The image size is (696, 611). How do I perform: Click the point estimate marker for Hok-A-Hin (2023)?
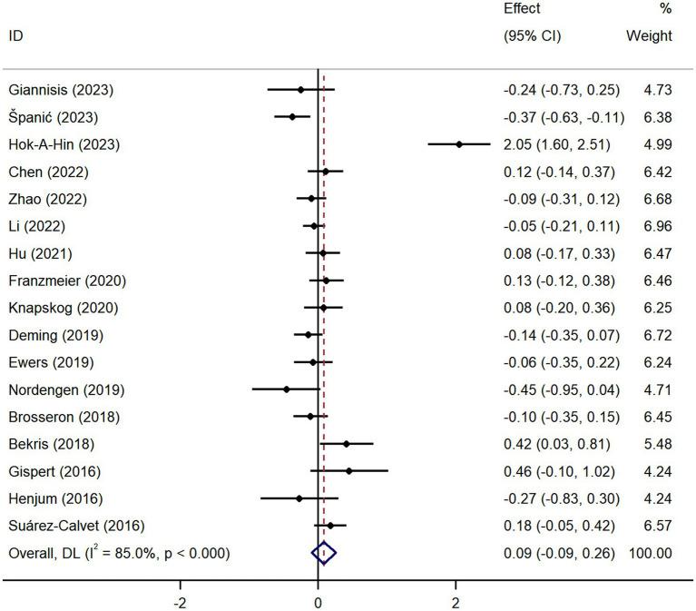coord(459,144)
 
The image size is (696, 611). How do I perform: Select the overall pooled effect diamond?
coord(324,552)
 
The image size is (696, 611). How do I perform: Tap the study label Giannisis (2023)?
coord(61,90)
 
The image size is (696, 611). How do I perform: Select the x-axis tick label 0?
coord(318,602)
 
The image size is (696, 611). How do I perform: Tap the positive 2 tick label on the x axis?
coord(456,602)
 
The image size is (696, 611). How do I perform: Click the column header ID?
coord(15,37)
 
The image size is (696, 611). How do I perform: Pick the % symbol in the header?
coord(665,9)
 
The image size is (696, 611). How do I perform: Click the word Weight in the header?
coord(649,37)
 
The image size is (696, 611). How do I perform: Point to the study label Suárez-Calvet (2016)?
coord(75,526)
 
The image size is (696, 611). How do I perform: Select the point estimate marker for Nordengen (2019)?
coord(287,389)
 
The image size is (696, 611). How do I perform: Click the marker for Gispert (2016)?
coord(349,470)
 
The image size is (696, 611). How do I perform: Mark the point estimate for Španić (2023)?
coord(292,117)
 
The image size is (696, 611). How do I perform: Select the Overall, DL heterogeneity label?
coord(119,552)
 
